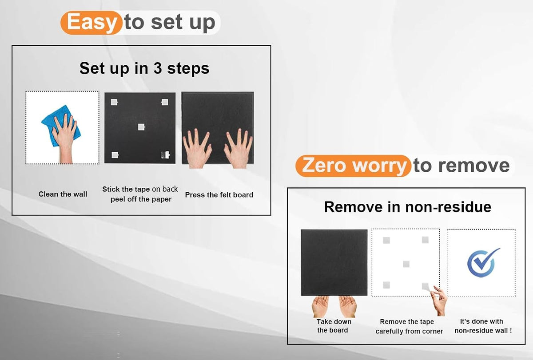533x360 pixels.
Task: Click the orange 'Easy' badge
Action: tap(91, 23)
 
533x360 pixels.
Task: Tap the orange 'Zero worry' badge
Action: tap(354, 166)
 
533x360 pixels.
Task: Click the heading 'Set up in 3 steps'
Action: tap(144, 68)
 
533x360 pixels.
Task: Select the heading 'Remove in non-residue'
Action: tap(408, 207)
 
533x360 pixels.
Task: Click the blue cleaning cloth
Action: tap(61, 126)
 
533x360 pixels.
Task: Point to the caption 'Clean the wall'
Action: tap(63, 194)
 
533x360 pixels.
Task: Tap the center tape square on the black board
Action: tap(141, 127)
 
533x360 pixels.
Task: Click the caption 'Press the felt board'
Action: tap(219, 195)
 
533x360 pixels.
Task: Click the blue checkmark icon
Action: tap(484, 263)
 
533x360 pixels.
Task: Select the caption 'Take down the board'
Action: tap(334, 326)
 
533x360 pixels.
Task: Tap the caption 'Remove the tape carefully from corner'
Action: tap(409, 326)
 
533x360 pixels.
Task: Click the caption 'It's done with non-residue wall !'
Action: tap(483, 326)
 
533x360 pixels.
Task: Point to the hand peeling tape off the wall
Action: tap(439, 301)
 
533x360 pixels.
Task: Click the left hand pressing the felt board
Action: tap(197, 149)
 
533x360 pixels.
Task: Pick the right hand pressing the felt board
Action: tap(239, 149)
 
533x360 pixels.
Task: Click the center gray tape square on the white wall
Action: tap(406, 264)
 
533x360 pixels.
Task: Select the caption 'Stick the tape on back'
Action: tap(140, 189)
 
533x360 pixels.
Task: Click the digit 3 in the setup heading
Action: tap(158, 68)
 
